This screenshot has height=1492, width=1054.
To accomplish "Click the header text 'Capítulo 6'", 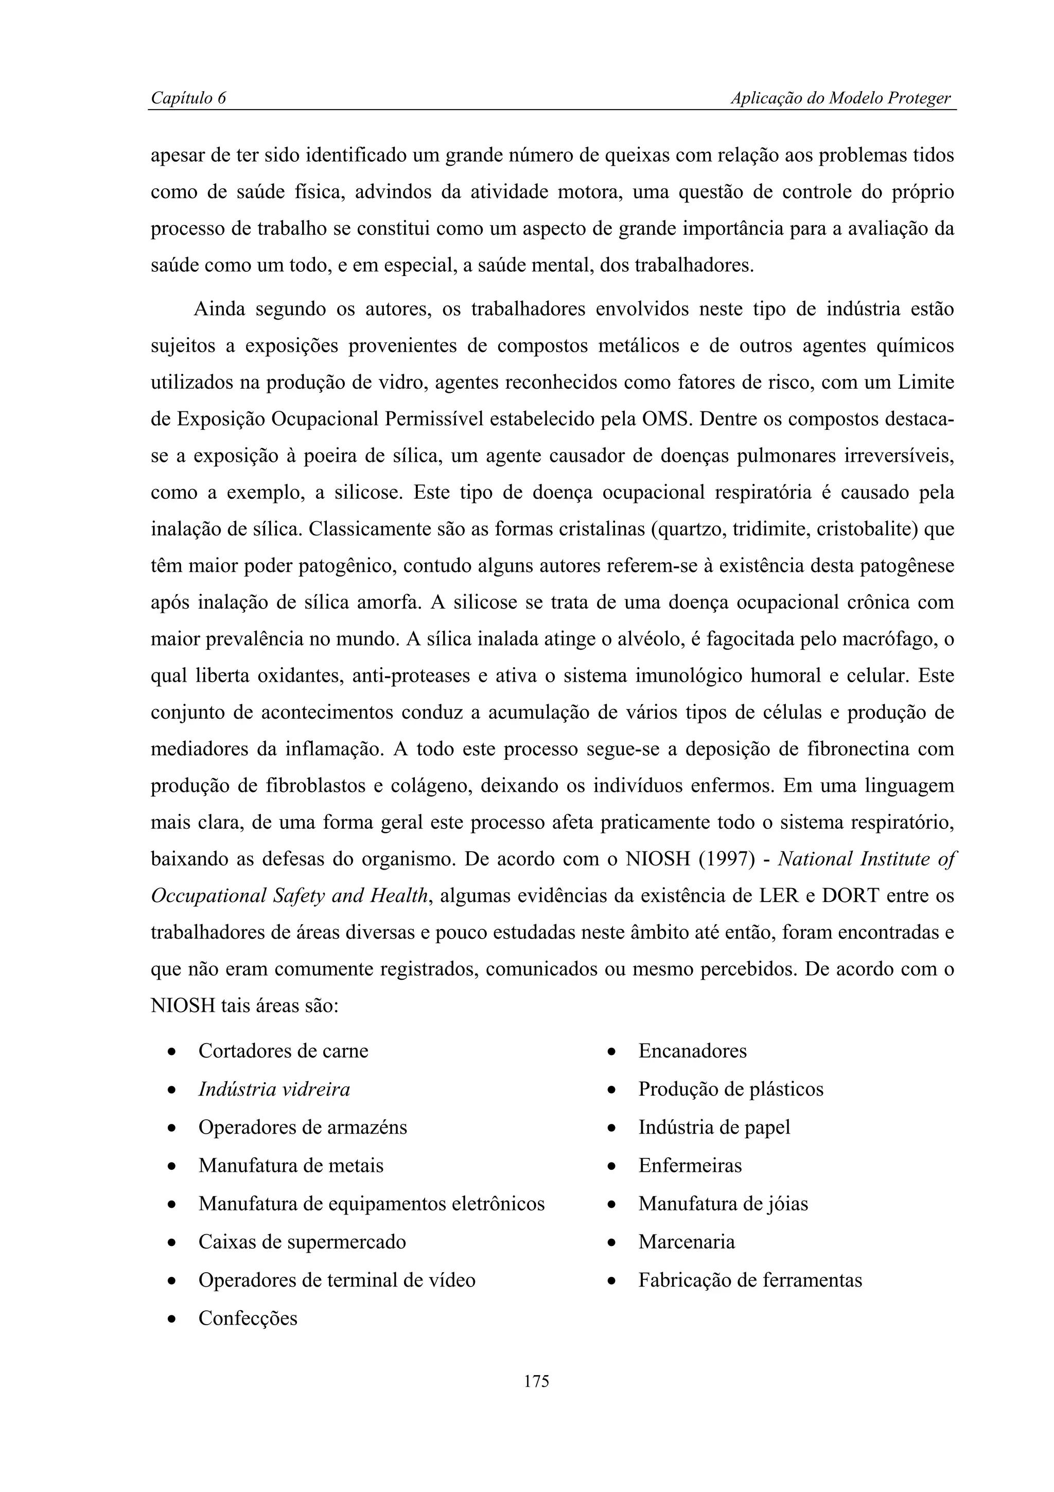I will pyautogui.click(x=188, y=98).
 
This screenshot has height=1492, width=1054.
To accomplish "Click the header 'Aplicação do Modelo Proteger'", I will pyautogui.click(x=840, y=98).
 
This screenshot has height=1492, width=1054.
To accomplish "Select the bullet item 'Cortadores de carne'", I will pyautogui.click(x=283, y=1051).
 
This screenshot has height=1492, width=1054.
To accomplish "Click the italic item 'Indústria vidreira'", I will pyautogui.click(x=274, y=1089).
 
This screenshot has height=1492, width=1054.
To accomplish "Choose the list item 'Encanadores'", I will pyautogui.click(x=692, y=1051).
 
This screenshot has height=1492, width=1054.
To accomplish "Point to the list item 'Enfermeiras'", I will pyautogui.click(x=690, y=1165).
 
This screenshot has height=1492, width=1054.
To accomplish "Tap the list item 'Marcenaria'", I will pyautogui.click(x=687, y=1242).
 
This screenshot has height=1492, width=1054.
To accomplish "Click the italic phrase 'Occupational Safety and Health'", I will pyautogui.click(x=290, y=896).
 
